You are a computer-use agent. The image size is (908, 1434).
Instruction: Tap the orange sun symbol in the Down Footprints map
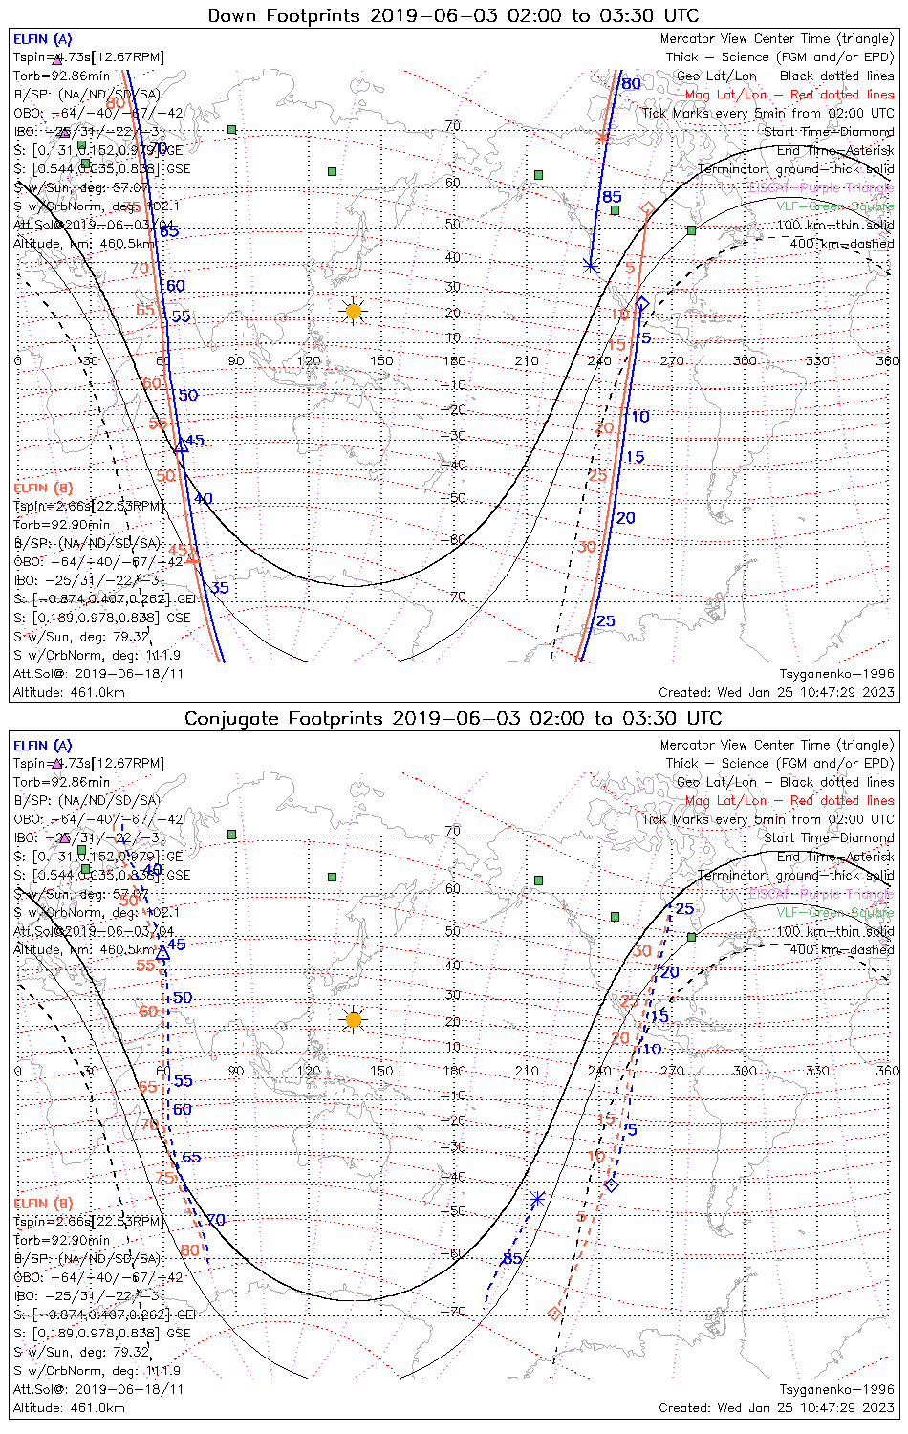point(354,311)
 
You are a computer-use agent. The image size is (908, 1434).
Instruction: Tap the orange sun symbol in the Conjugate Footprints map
point(354,1020)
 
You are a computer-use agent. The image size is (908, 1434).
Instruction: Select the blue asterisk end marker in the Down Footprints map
point(591,266)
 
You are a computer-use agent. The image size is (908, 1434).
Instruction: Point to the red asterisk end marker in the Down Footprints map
point(601,138)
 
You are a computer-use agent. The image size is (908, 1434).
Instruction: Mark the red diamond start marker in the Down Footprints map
point(647,208)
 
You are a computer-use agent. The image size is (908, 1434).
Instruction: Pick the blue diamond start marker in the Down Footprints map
point(642,303)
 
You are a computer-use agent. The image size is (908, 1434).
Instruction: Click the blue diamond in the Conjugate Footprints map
point(613,1185)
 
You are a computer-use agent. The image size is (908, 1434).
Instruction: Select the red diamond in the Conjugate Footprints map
point(554,1314)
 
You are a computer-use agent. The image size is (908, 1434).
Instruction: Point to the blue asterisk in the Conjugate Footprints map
point(537,1198)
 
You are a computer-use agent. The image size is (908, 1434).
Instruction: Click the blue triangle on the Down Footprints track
point(182,445)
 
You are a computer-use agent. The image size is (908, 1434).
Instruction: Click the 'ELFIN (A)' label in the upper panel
point(42,39)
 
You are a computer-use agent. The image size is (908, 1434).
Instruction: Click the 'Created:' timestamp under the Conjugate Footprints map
point(776,1407)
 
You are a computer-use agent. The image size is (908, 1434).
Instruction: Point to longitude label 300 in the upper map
point(745,360)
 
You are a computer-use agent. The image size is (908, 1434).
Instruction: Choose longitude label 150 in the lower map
point(381,1071)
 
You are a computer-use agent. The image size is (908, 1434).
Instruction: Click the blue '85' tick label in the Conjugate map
point(512,1259)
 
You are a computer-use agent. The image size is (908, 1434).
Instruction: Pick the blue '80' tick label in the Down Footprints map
point(631,84)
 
